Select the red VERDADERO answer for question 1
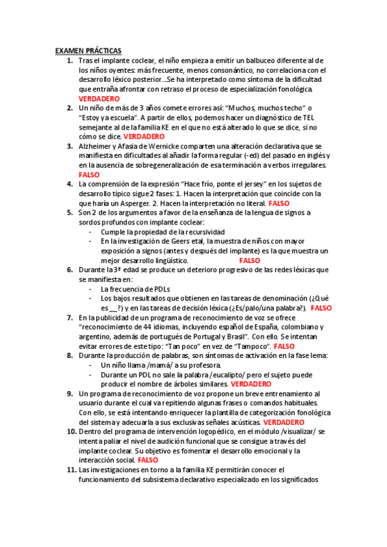pos(99,98)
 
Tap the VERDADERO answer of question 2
pos(143,137)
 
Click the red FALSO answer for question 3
pos(89,175)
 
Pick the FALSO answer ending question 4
pos(278,203)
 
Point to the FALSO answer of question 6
pos(320,308)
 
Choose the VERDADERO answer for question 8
pos(251,384)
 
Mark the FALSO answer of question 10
pos(148,442)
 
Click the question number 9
pos(71,393)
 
